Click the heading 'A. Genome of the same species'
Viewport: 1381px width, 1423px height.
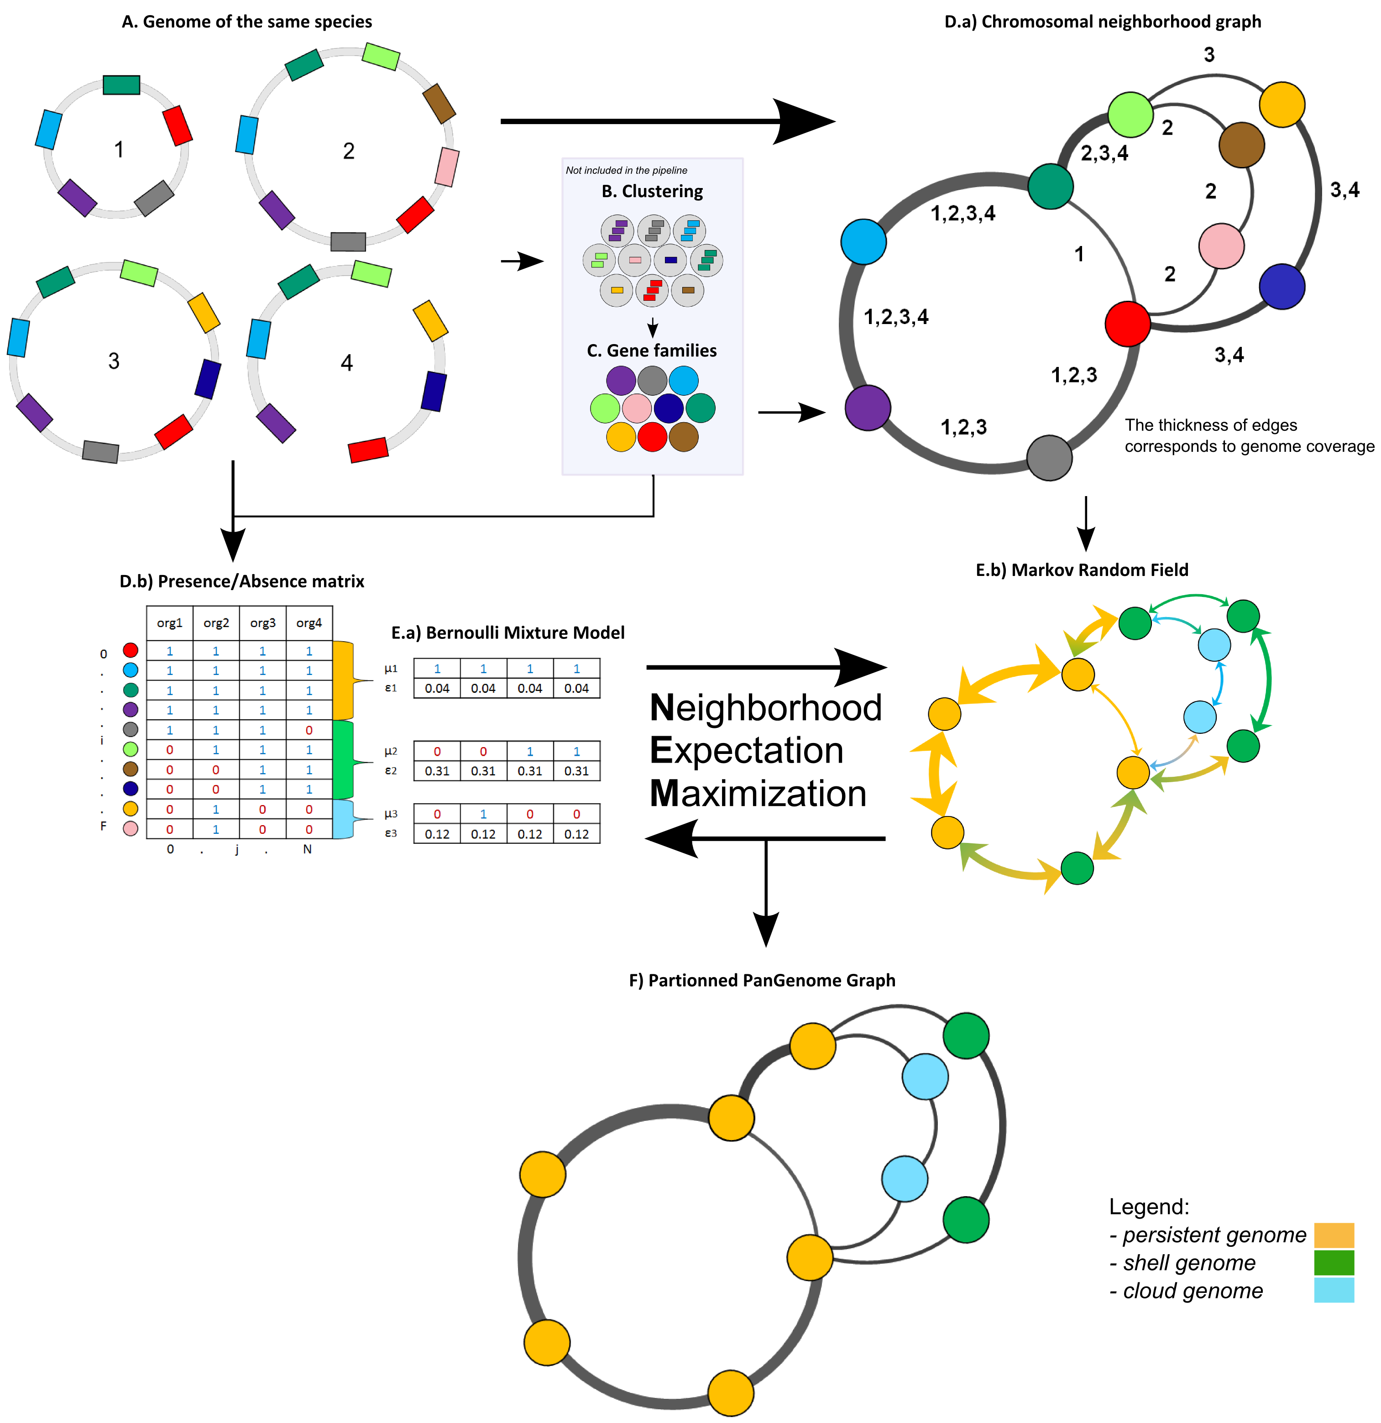(247, 22)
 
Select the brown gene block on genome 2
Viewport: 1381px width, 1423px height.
(439, 103)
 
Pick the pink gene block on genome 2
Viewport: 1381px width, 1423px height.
(446, 167)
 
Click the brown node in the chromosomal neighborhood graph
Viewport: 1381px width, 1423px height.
(1242, 145)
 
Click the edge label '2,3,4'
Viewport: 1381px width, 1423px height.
(1104, 153)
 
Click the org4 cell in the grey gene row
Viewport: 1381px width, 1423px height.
(309, 730)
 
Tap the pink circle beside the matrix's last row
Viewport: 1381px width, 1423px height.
(131, 828)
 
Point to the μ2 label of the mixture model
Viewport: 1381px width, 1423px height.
(391, 751)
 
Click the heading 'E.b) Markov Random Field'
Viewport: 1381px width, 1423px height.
(1082, 570)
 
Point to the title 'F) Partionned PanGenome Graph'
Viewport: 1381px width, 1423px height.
(762, 980)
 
